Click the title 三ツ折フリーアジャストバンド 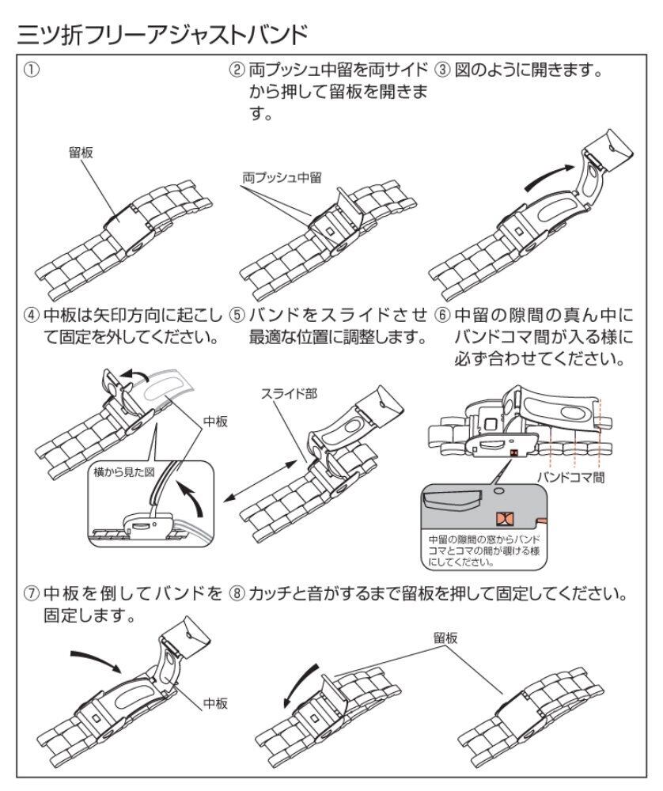162,35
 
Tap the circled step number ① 32,69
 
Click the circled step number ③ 442,69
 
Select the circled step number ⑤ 237,316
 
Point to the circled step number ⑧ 237,593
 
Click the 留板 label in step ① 81,153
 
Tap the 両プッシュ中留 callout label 282,177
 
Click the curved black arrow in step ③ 549,176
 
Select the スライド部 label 289,393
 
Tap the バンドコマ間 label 570,477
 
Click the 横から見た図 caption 123,473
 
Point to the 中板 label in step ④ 215,422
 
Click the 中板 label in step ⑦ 215,702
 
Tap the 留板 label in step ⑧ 445,638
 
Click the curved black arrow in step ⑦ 96,660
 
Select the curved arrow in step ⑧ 300,686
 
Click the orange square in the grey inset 503,518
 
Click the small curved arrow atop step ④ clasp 133,374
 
